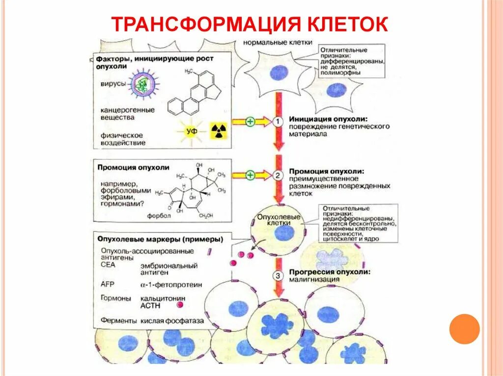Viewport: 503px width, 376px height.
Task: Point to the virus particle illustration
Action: coord(142,84)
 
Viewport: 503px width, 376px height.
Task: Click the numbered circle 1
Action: coord(278,122)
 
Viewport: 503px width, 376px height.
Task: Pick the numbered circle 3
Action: coord(278,276)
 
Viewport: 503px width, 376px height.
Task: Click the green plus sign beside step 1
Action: coord(250,122)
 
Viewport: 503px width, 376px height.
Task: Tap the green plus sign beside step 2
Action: coord(250,175)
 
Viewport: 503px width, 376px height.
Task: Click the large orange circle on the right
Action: coord(464,328)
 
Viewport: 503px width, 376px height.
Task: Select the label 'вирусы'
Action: coord(113,84)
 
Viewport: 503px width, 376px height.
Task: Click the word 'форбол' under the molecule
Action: coord(159,215)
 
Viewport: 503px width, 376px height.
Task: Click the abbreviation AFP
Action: coord(107,284)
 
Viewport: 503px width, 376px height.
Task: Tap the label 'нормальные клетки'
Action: coord(278,42)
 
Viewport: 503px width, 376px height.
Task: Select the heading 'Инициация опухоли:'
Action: coord(328,119)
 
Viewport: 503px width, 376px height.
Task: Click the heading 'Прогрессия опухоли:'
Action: coord(330,272)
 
